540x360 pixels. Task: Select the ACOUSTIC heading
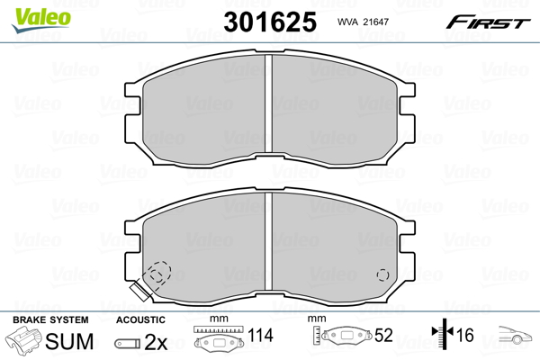140,319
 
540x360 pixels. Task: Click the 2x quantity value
156,341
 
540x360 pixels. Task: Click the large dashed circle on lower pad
159,273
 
